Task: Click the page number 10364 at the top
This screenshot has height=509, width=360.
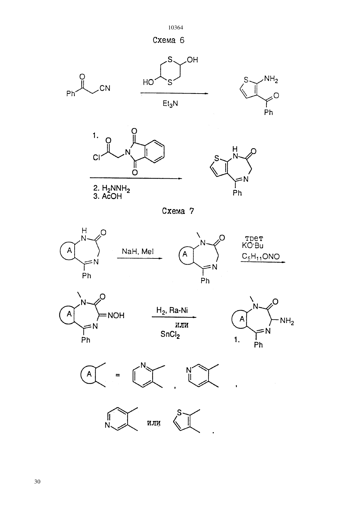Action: click(x=175, y=28)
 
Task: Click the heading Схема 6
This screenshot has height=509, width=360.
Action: click(x=169, y=41)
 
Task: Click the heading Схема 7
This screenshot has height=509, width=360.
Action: click(x=178, y=211)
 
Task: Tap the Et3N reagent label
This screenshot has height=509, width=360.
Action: click(x=170, y=104)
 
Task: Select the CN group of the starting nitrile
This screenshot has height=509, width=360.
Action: click(x=105, y=88)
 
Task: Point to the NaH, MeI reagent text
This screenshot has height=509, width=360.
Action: click(x=138, y=251)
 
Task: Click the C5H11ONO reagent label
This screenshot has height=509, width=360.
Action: click(x=261, y=256)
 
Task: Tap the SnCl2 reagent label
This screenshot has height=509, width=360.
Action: click(x=170, y=334)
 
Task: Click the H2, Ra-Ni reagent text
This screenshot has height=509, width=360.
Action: click(x=172, y=310)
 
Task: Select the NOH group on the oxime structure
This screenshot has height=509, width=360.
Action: click(x=116, y=315)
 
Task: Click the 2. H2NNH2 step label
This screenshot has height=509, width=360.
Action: click(x=111, y=188)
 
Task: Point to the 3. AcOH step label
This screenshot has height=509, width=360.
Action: click(x=107, y=196)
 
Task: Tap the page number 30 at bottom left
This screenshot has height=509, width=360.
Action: click(x=37, y=482)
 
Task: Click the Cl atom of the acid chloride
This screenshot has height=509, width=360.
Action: click(x=96, y=157)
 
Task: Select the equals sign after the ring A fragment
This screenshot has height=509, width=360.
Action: click(x=117, y=375)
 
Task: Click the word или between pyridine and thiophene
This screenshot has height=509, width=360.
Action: click(x=154, y=423)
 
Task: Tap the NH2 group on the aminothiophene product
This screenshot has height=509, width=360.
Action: click(x=271, y=79)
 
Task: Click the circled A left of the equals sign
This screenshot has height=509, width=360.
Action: click(x=89, y=374)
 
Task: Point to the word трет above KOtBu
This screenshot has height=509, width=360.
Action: click(x=254, y=239)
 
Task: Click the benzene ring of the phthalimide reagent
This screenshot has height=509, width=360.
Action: click(x=154, y=151)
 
